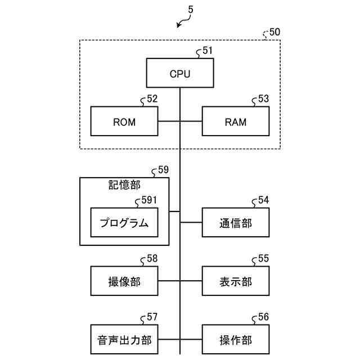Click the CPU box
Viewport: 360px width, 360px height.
(x=180, y=73)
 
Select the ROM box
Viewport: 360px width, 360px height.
(x=124, y=121)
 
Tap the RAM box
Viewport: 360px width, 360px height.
(x=236, y=121)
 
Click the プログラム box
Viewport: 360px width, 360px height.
(x=124, y=223)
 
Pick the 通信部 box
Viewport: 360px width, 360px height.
(x=236, y=223)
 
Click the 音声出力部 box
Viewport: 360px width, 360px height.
(x=124, y=340)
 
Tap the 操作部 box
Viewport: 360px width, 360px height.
(x=236, y=340)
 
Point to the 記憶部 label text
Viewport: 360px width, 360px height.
(x=124, y=184)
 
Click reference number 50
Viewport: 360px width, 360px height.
(x=275, y=32)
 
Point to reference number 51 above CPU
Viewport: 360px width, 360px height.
(x=208, y=51)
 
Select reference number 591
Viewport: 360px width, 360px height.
(x=148, y=200)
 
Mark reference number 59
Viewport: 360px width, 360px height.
(x=163, y=169)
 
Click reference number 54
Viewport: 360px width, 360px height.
(x=263, y=200)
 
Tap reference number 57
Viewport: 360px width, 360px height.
(x=152, y=317)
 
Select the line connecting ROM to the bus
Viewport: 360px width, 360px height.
(x=169, y=121)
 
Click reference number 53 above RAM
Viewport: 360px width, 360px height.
(x=263, y=99)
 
